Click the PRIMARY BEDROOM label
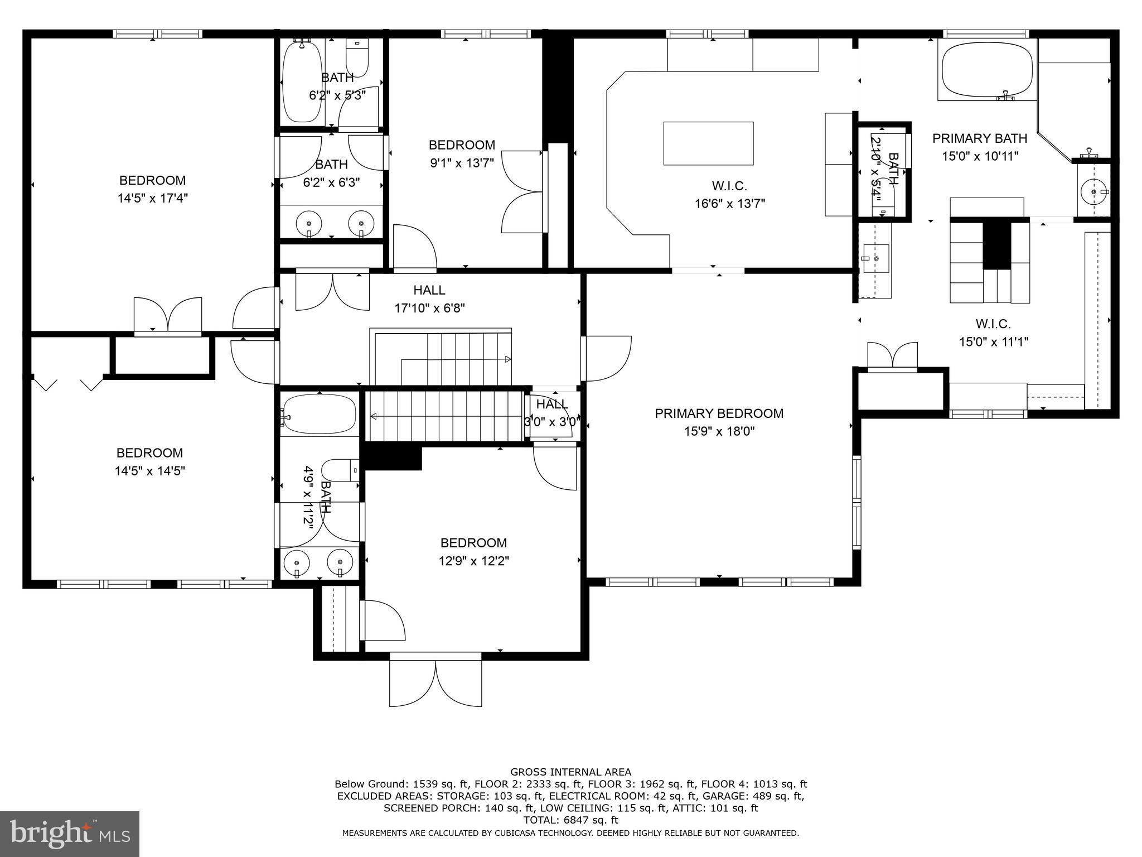[x=719, y=413]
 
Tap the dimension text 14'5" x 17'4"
[x=152, y=198]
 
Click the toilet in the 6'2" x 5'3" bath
[x=357, y=57]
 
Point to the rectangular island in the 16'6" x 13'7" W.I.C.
[x=708, y=143]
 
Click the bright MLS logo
[x=70, y=834]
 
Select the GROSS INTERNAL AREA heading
[x=571, y=772]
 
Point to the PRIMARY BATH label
[x=980, y=138]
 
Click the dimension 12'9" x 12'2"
[x=473, y=561]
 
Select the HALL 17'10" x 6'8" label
[x=429, y=299]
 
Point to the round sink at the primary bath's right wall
[x=1093, y=192]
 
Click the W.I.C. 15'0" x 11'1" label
[x=993, y=333]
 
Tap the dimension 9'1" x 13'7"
[x=462, y=163]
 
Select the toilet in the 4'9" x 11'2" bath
[x=341, y=471]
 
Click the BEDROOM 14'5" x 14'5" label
[x=149, y=461]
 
